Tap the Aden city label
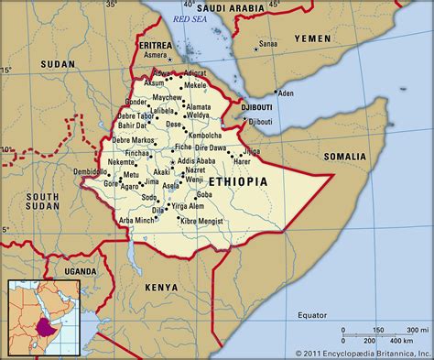click(x=286, y=93)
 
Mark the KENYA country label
click(x=161, y=287)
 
